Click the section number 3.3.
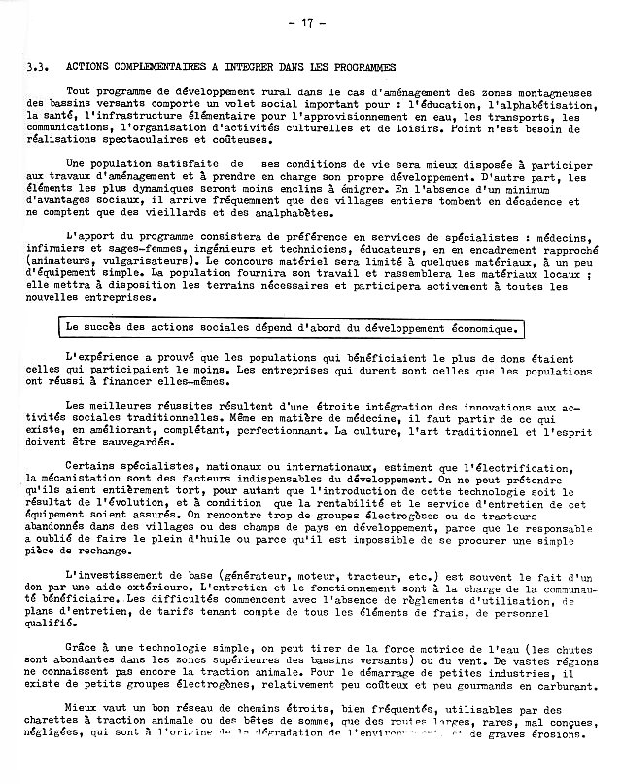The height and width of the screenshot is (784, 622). tap(38, 68)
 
